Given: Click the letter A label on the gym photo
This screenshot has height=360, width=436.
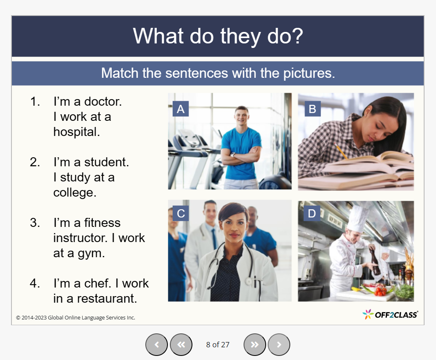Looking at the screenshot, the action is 181,109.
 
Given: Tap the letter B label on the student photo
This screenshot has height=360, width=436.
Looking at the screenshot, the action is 312,109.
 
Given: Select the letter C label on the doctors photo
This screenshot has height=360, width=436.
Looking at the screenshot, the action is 181,213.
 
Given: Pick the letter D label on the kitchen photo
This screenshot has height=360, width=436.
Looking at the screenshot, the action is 312,213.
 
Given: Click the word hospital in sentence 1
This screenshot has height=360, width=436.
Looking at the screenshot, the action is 76,132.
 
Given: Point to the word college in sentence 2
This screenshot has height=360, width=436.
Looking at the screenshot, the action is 75,193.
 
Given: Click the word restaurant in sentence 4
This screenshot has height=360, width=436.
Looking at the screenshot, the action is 107,299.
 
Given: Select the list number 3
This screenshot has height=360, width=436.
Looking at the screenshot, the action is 35,223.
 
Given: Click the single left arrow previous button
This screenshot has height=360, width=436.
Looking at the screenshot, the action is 156,344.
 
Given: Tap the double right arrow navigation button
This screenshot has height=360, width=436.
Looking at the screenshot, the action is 255,344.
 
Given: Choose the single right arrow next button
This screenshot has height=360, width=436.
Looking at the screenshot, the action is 279,344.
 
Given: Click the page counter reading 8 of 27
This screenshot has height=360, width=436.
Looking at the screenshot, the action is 218,345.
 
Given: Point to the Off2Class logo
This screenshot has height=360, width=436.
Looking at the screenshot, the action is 390,315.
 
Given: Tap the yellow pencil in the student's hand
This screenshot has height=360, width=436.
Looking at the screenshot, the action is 341,152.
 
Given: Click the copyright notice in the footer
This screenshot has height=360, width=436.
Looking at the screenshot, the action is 76,318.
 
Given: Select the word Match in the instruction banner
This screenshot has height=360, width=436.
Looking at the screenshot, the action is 120,73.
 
